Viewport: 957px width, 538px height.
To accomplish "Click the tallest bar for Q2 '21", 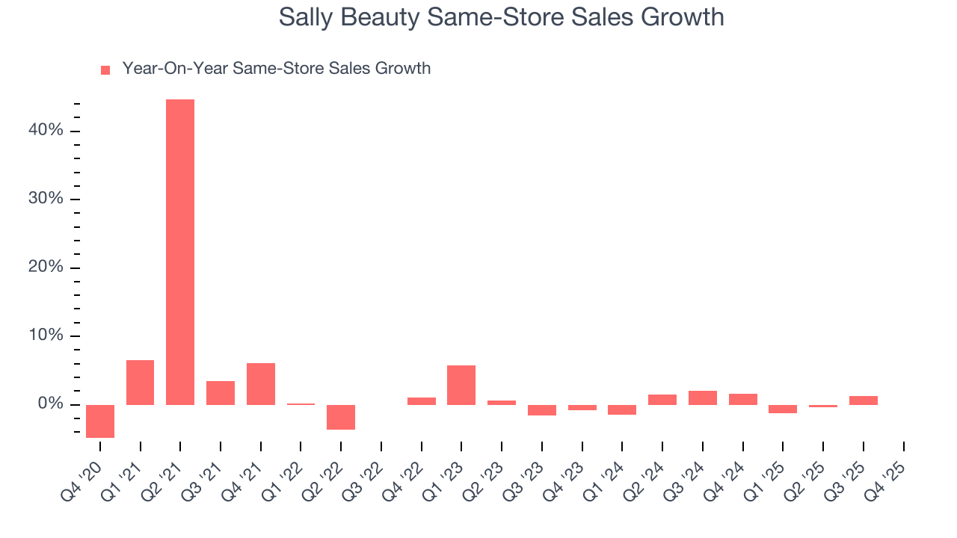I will [x=180, y=252].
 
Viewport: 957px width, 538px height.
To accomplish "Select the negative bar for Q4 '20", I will [x=100, y=421].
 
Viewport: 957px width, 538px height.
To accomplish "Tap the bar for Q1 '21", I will [x=140, y=383].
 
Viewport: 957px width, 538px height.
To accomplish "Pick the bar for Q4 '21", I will [x=261, y=384].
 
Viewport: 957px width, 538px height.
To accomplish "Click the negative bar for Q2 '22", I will [x=341, y=417].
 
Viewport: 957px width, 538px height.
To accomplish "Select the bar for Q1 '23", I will [x=461, y=385].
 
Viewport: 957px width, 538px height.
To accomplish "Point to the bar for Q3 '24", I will [x=703, y=398].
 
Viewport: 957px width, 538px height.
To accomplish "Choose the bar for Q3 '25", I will [x=864, y=401].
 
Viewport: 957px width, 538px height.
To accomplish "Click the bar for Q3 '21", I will [x=221, y=393].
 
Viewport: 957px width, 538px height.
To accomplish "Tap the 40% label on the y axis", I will [x=46, y=131].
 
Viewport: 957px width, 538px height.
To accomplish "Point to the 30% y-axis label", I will [x=46, y=200].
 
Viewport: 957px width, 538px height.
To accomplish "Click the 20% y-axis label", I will [x=46, y=268].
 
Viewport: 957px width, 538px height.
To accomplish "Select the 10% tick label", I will [x=46, y=336].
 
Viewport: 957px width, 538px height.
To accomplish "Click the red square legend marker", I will [x=105, y=69].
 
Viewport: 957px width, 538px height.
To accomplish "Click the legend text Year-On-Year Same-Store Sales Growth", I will [x=277, y=69].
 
